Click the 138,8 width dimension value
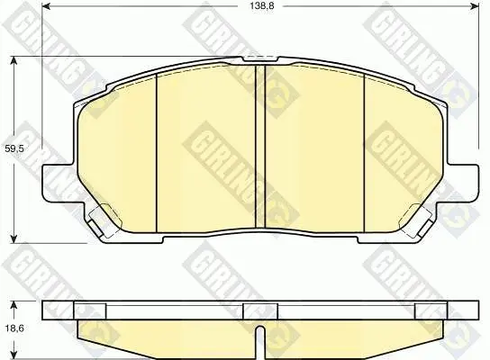262,5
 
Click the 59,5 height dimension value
14,148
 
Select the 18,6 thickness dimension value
14,328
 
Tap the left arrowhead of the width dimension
46,6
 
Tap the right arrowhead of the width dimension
474,6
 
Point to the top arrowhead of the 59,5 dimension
14,61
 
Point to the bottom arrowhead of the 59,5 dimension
14,238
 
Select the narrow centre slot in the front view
260,147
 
